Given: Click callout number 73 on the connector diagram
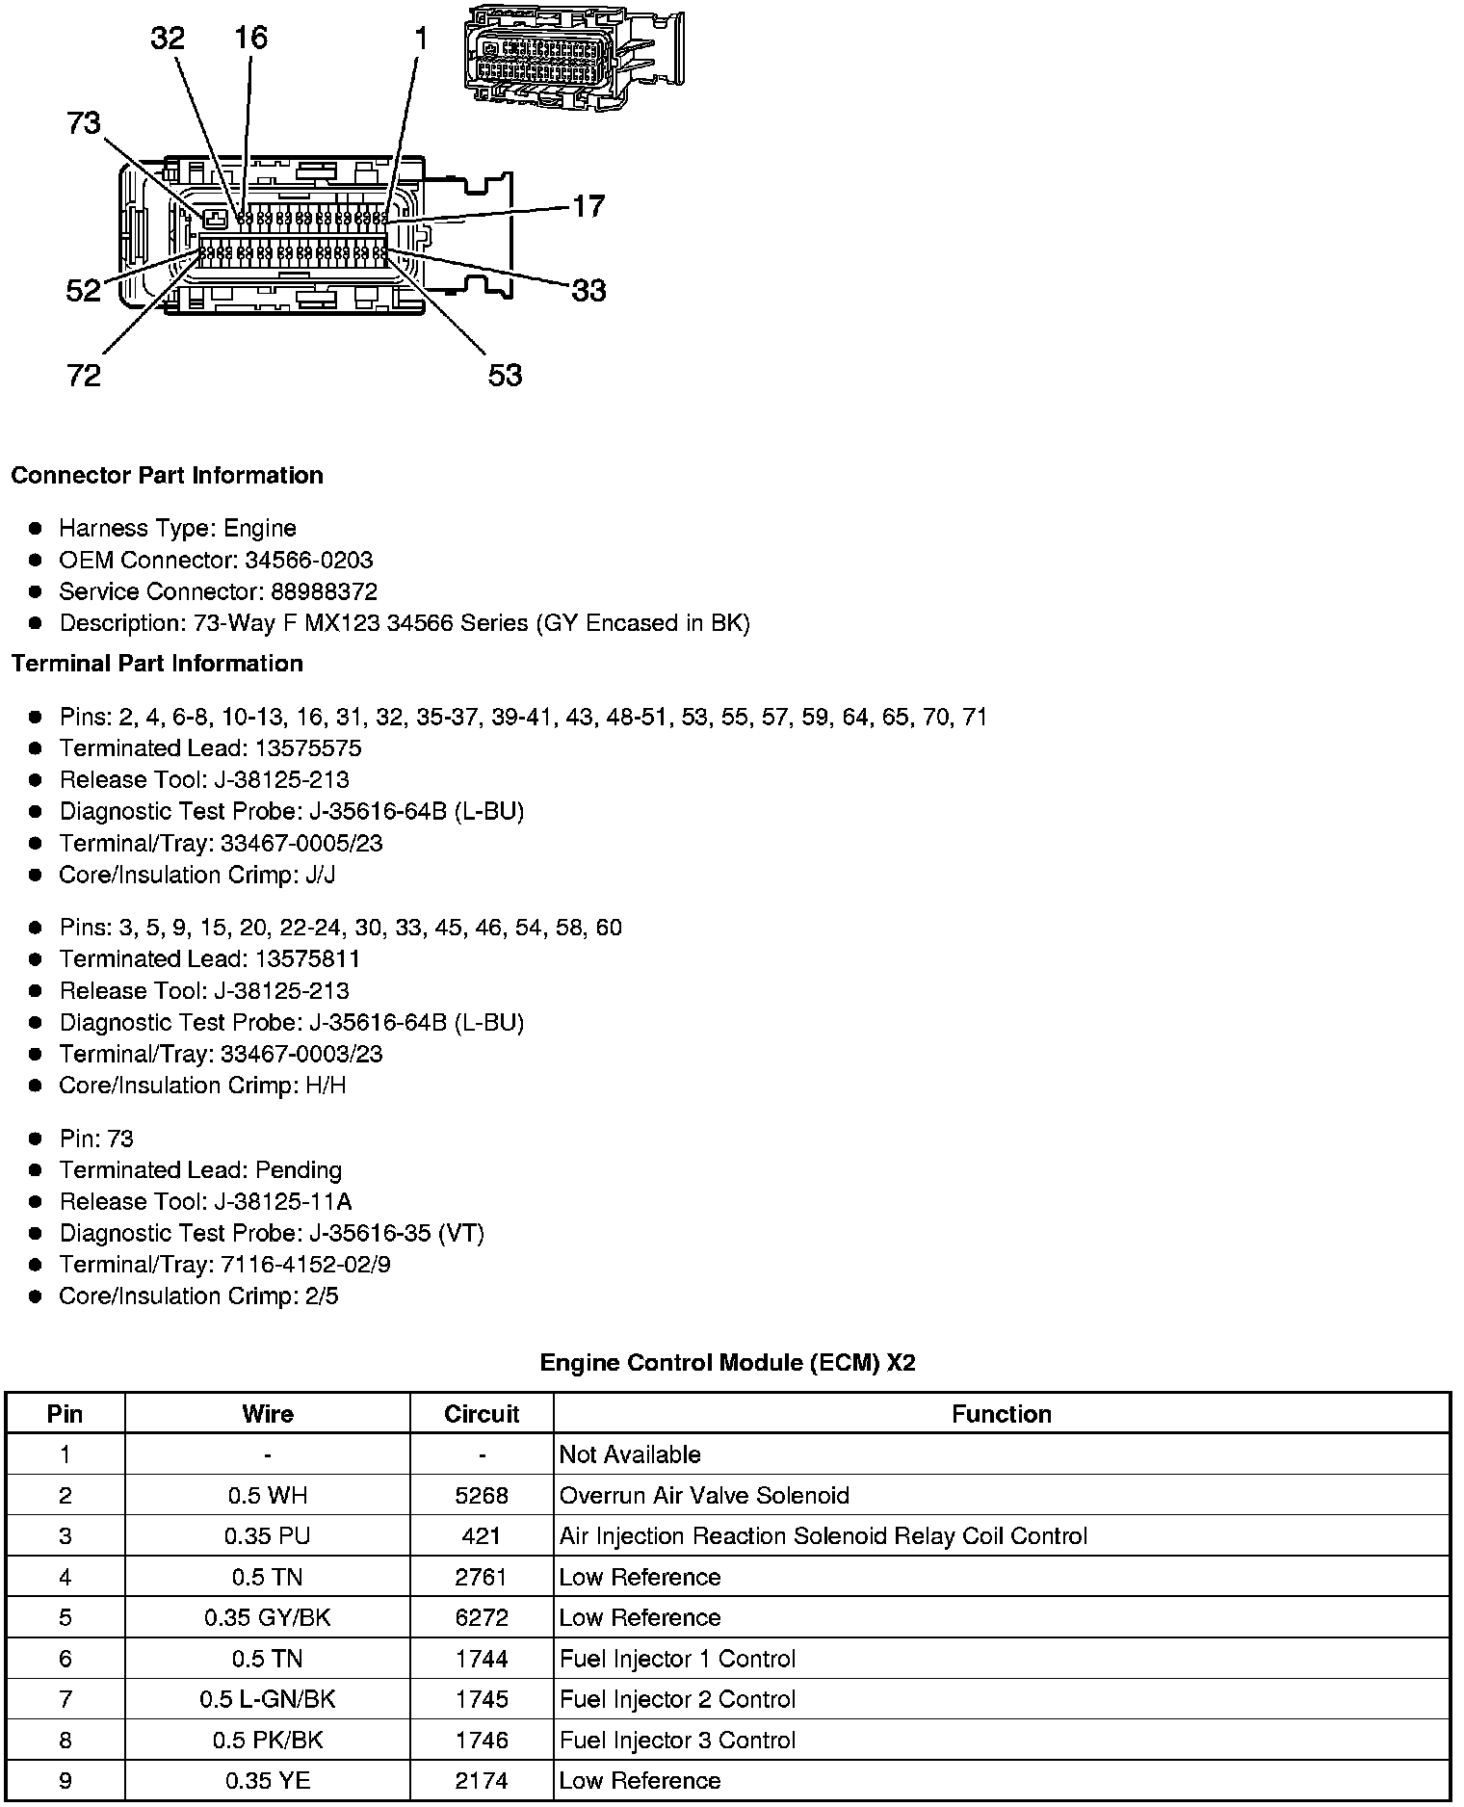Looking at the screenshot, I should (x=84, y=123).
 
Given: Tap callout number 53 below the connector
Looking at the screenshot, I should (x=505, y=375).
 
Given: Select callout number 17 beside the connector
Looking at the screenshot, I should (x=588, y=206).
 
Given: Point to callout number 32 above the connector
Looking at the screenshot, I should (x=168, y=38).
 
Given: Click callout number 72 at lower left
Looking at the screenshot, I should (x=84, y=375).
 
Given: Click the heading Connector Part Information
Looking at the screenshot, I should (x=167, y=476).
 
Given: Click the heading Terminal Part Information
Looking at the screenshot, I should (x=157, y=664).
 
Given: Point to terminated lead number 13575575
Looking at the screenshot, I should (x=308, y=748).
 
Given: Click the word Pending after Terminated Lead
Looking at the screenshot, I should (x=299, y=1170).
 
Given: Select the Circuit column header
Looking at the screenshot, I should (x=482, y=1414).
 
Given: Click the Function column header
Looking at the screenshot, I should (x=1002, y=1414).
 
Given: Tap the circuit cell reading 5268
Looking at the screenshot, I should (x=482, y=1496).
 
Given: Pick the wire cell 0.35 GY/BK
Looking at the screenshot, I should (x=267, y=1618).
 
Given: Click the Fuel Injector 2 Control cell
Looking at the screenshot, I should (x=677, y=1699).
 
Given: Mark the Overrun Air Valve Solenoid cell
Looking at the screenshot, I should (x=704, y=1496).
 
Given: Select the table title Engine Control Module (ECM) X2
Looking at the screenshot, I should (x=727, y=1363).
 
